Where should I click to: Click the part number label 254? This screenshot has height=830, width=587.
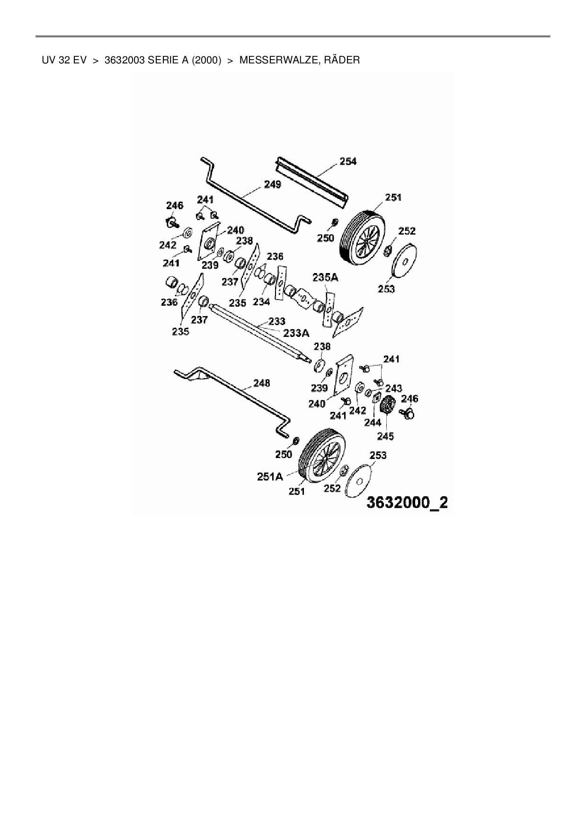pos(348,161)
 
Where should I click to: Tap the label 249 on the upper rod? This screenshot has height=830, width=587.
pos(272,184)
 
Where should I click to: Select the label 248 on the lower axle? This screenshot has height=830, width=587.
pos(261,382)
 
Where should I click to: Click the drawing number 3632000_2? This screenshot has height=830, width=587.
pos(407,503)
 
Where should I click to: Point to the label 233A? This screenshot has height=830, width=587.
pos(296,333)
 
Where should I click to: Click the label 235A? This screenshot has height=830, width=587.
pos(325,278)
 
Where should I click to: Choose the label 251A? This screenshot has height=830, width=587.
pos(270,477)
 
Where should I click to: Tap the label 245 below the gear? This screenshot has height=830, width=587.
pos(385,436)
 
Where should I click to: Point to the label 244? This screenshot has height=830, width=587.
pos(373,423)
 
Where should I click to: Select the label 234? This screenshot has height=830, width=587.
pos(261,301)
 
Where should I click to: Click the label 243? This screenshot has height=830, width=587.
pos(393,389)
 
